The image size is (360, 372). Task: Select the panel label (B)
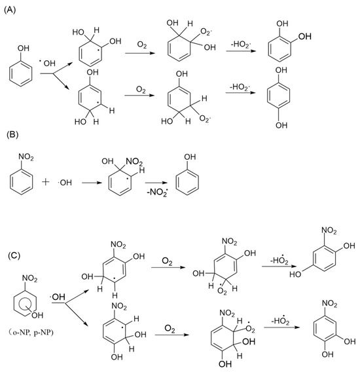coord(12,138)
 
